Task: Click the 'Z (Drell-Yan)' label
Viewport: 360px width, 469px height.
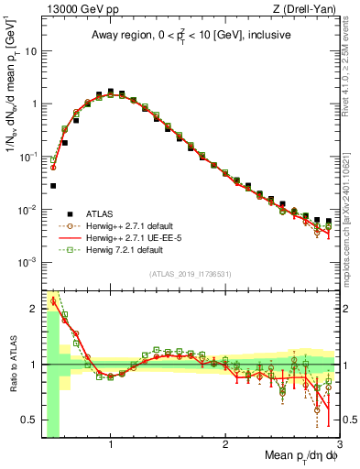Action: coord(309,9)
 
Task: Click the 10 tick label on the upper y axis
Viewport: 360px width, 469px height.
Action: coord(29,51)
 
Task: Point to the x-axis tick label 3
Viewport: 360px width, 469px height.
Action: coord(339,444)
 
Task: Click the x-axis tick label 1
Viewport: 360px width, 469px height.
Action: coord(111,444)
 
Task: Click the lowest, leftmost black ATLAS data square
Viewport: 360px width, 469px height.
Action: coord(53,185)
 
